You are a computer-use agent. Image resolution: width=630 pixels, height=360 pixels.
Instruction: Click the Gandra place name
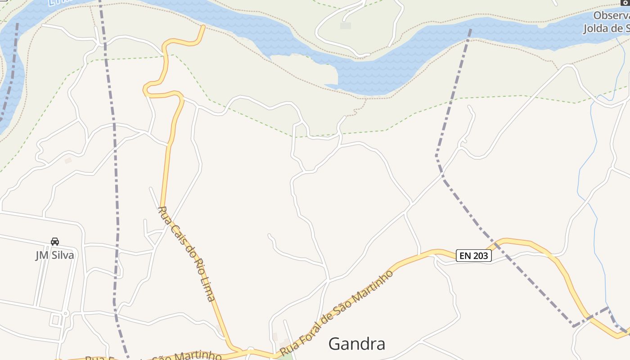356,344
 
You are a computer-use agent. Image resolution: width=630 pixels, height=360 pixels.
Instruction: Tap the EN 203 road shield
473,256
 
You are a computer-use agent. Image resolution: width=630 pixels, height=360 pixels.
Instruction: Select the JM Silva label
54,255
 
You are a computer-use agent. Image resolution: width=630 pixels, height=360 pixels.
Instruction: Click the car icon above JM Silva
55,242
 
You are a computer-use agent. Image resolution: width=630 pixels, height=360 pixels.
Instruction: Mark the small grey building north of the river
346,26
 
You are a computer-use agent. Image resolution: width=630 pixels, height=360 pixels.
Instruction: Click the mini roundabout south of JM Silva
66,314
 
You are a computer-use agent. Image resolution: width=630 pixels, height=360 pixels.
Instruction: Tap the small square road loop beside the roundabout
56,320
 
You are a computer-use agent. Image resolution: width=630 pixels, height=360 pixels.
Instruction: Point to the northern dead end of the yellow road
203,27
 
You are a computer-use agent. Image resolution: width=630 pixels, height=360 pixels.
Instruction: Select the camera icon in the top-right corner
624,3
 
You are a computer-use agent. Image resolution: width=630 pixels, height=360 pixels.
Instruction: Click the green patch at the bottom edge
284,357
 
